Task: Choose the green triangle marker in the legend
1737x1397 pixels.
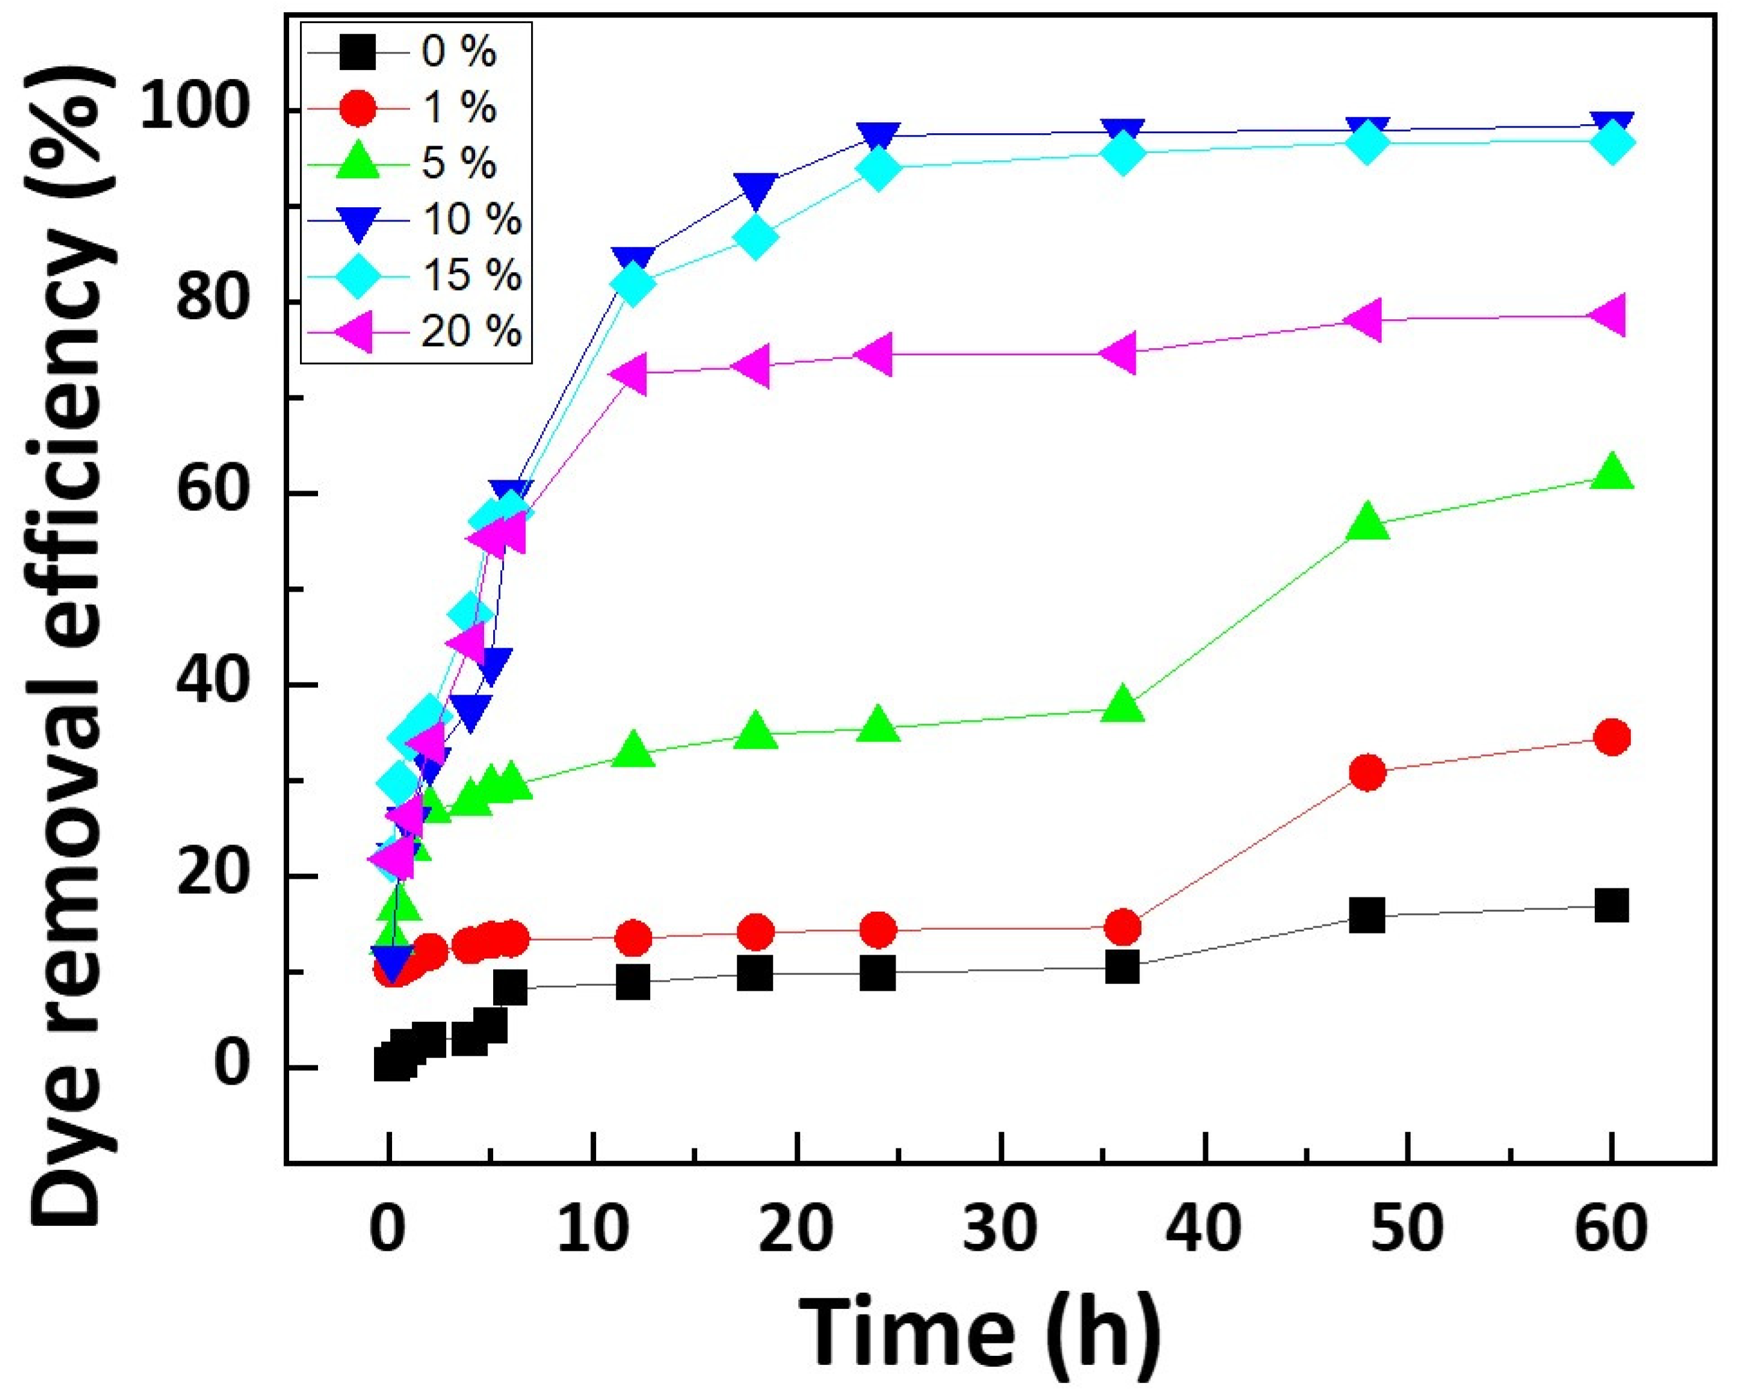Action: coord(357,164)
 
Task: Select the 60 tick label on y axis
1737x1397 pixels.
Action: coord(212,493)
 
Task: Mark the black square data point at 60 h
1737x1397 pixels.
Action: coord(1612,906)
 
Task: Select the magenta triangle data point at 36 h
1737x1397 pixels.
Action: coord(1122,353)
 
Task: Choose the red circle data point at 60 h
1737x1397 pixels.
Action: coord(1612,737)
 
